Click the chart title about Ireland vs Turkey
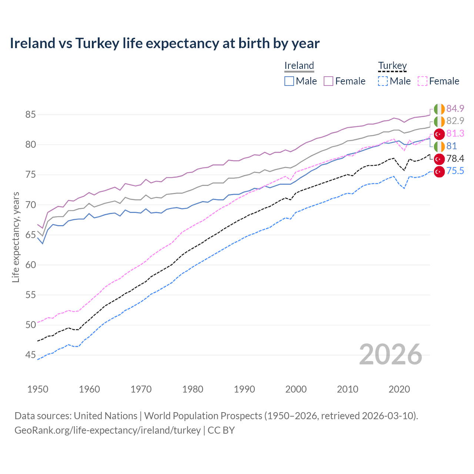[164, 43]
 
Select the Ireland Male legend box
[289, 81]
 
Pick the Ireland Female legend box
[328, 81]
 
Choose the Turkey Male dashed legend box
[383, 81]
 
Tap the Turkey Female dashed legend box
[423, 81]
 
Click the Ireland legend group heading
[299, 66]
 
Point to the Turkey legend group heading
[392, 66]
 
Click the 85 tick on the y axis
[30, 115]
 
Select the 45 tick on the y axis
[30, 355]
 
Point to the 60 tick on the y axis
[30, 265]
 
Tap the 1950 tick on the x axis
[38, 389]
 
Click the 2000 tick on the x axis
[296, 389]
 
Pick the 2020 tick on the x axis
[399, 389]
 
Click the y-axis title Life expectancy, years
[16, 237]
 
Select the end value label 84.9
[455, 109]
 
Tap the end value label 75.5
[455, 171]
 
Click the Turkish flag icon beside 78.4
[439, 159]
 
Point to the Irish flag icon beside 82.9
[439, 121]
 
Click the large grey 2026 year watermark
[391, 354]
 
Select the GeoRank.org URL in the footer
[107, 430]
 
